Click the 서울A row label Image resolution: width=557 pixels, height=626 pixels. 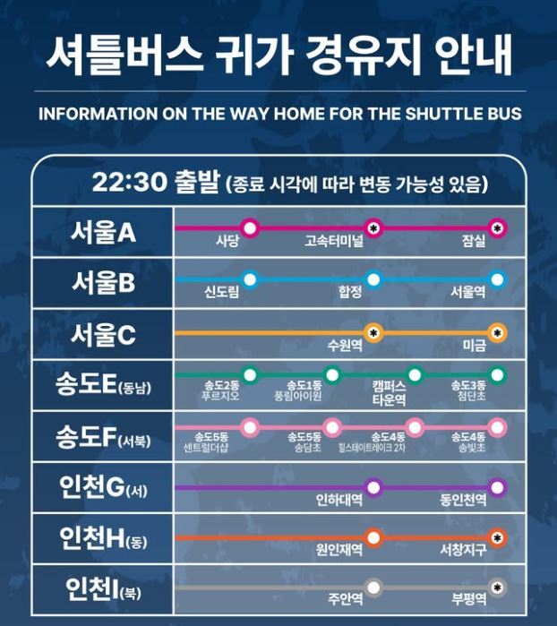pyautogui.click(x=103, y=232)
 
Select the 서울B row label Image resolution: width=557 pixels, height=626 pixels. pyautogui.click(x=103, y=284)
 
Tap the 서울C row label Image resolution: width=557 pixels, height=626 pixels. pyautogui.click(x=103, y=335)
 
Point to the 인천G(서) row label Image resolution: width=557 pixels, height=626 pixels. pyautogui.click(x=103, y=490)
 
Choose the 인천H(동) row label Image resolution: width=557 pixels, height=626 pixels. pyautogui.click(x=103, y=540)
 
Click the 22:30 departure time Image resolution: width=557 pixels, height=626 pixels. pyautogui.click(x=129, y=183)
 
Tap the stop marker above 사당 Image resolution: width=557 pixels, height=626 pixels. pyautogui.click(x=250, y=227)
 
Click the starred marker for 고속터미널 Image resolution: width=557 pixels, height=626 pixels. pyautogui.click(x=373, y=227)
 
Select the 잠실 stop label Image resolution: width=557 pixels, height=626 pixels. pyautogui.click(x=474, y=242)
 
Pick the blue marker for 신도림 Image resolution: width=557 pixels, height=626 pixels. pyautogui.click(x=250, y=279)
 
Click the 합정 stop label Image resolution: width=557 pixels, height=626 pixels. pyautogui.click(x=350, y=293)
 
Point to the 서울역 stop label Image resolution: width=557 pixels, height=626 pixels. pyautogui.click(x=467, y=293)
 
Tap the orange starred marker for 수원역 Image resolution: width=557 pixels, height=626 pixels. pyautogui.click(x=373, y=331)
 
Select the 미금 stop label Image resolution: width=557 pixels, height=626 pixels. pyautogui.click(x=474, y=345)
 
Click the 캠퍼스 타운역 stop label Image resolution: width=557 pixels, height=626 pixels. pyautogui.click(x=389, y=393)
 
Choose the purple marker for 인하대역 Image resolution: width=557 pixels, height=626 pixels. pyautogui.click(x=373, y=487)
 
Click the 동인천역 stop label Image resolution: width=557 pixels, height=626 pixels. pyautogui.click(x=463, y=500)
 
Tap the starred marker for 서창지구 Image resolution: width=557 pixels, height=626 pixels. pyautogui.click(x=498, y=537)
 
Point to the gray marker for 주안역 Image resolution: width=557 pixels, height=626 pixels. pyautogui.click(x=373, y=587)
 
